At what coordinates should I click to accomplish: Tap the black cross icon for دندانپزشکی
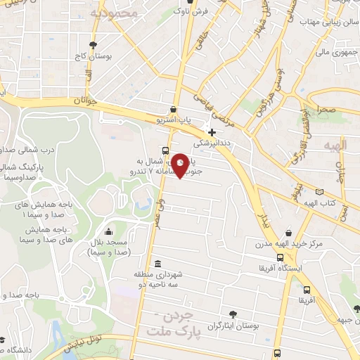pos(212,132)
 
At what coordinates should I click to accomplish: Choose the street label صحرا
pos(327,110)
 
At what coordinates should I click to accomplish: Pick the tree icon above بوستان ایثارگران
pos(233,314)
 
